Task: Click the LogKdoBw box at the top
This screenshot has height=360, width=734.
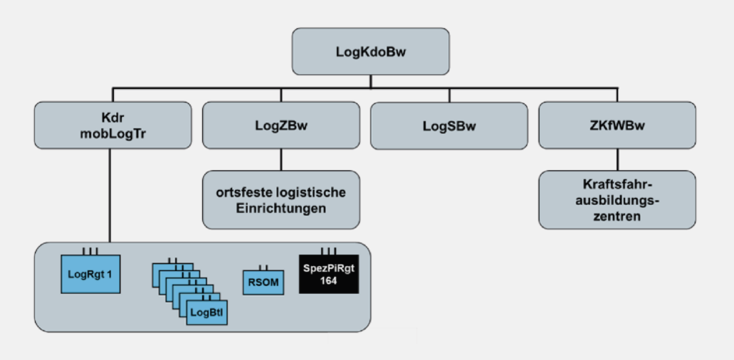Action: (371, 52)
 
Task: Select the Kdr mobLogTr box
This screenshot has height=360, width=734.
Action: (112, 125)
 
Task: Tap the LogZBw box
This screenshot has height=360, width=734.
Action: (281, 125)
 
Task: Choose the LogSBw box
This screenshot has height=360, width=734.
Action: (449, 125)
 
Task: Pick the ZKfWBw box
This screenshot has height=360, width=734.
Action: (617, 125)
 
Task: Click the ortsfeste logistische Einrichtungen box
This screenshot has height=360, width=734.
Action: (281, 200)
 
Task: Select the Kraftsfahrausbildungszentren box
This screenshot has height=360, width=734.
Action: (617, 200)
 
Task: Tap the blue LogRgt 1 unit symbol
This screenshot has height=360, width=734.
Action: (90, 273)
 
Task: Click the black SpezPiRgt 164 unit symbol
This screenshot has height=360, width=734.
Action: (329, 275)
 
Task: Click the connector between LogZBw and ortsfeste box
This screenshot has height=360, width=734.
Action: (281, 160)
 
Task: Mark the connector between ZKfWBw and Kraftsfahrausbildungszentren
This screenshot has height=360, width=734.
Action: (617, 160)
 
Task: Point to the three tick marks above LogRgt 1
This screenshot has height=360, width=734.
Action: (90, 251)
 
